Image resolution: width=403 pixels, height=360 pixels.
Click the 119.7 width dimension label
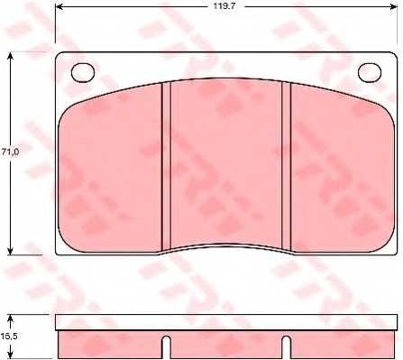pyautogui.click(x=224, y=6)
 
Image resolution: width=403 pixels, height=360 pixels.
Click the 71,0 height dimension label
pyautogui.click(x=10, y=152)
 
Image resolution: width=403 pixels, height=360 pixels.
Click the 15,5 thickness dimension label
pyautogui.click(x=9, y=336)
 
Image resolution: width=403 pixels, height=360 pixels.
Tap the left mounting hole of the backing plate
pyautogui.click(x=83, y=73)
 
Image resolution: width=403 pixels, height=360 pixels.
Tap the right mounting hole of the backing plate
pyautogui.click(x=370, y=73)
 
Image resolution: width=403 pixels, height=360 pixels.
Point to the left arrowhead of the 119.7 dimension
pyautogui.click(x=60, y=6)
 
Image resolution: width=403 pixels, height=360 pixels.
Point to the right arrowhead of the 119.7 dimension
pyautogui.click(x=393, y=6)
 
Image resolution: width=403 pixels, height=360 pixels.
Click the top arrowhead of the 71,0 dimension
pyautogui.click(x=11, y=57)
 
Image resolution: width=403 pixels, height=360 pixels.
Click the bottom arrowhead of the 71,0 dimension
pyautogui.click(x=11, y=251)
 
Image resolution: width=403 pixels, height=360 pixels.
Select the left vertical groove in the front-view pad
pyautogui.click(x=166, y=167)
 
